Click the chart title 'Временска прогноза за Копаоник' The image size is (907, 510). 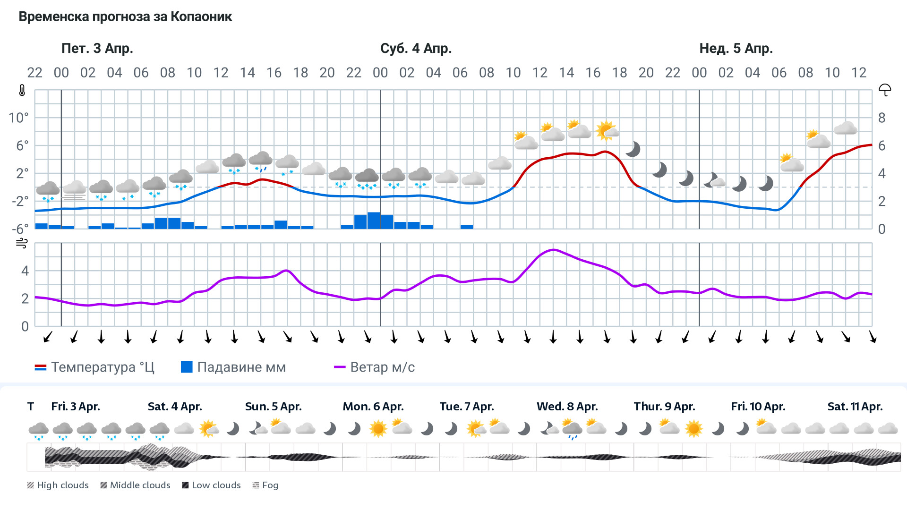(125, 17)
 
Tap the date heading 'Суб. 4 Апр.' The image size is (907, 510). (416, 48)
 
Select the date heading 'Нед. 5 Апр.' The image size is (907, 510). (736, 48)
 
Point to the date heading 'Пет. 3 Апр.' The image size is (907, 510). (97, 48)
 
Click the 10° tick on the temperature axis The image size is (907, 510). (18, 118)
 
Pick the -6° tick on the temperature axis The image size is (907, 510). (20, 229)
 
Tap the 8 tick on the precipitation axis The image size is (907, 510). (881, 118)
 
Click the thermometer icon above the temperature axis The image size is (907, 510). (22, 90)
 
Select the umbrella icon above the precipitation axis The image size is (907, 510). (885, 90)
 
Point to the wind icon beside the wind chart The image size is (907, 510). (22, 243)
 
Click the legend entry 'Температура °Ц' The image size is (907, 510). (94, 367)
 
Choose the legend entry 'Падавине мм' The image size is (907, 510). (233, 367)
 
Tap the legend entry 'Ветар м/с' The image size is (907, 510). (374, 367)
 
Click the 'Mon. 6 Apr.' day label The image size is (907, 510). (373, 407)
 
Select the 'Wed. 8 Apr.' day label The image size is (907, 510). (567, 407)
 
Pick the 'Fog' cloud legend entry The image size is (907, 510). (265, 485)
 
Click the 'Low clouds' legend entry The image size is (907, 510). (211, 485)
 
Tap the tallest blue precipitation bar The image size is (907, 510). (374, 221)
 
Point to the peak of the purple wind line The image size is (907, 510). (554, 250)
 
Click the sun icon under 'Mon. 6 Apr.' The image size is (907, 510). (378, 429)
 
